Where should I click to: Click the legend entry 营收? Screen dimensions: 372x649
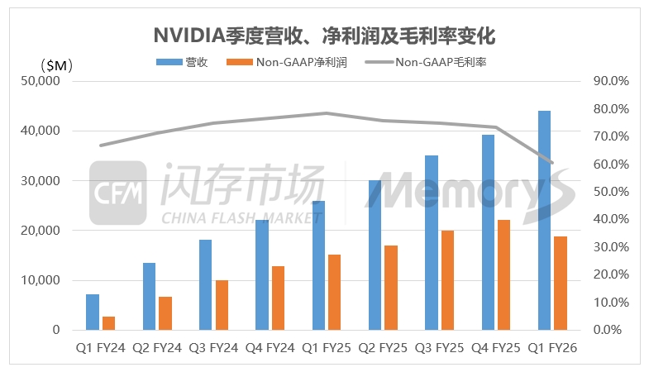pos(187,61)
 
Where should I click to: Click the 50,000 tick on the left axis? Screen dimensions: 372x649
pos(41,81)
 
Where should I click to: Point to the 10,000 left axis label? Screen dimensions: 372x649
pos(41,280)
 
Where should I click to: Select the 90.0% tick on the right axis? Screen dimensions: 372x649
pos(612,81)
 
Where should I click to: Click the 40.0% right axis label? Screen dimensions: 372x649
pos(612,219)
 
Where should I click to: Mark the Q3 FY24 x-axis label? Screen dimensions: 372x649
pos(213,349)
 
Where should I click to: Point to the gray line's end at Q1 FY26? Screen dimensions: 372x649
pos(552,163)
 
